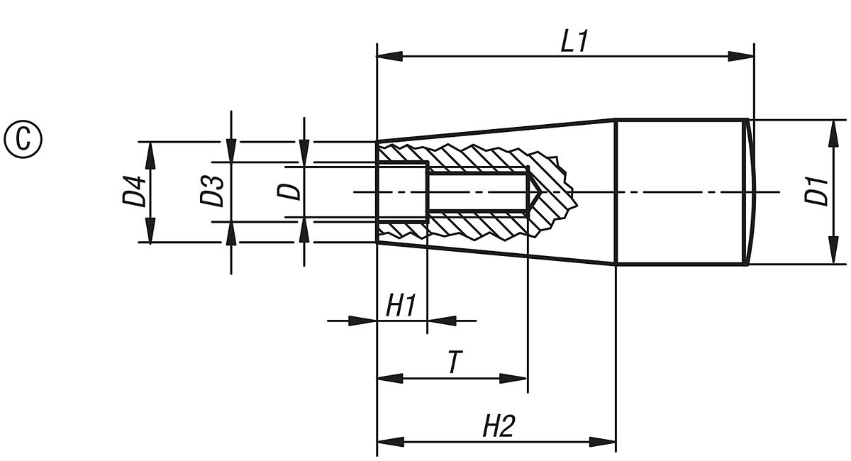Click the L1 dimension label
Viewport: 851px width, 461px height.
coord(574,41)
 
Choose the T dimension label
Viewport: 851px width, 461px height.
coord(452,363)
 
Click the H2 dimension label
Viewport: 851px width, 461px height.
coord(499,427)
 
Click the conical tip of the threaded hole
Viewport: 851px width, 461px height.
coord(534,191)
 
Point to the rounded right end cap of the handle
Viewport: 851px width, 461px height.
coord(750,191)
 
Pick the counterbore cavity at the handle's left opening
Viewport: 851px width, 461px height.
coord(401,191)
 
